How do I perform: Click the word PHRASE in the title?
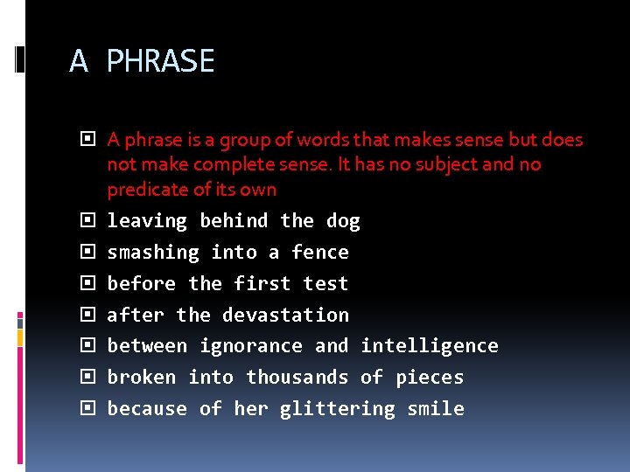coord(160,61)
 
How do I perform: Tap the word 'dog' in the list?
coord(343,221)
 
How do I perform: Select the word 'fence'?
coord(319,253)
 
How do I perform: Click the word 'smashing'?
coord(153,253)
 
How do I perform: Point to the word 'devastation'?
coord(285,315)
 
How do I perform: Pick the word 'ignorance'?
coord(251,346)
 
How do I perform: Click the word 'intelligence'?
coord(430,346)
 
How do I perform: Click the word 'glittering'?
coord(337,409)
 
